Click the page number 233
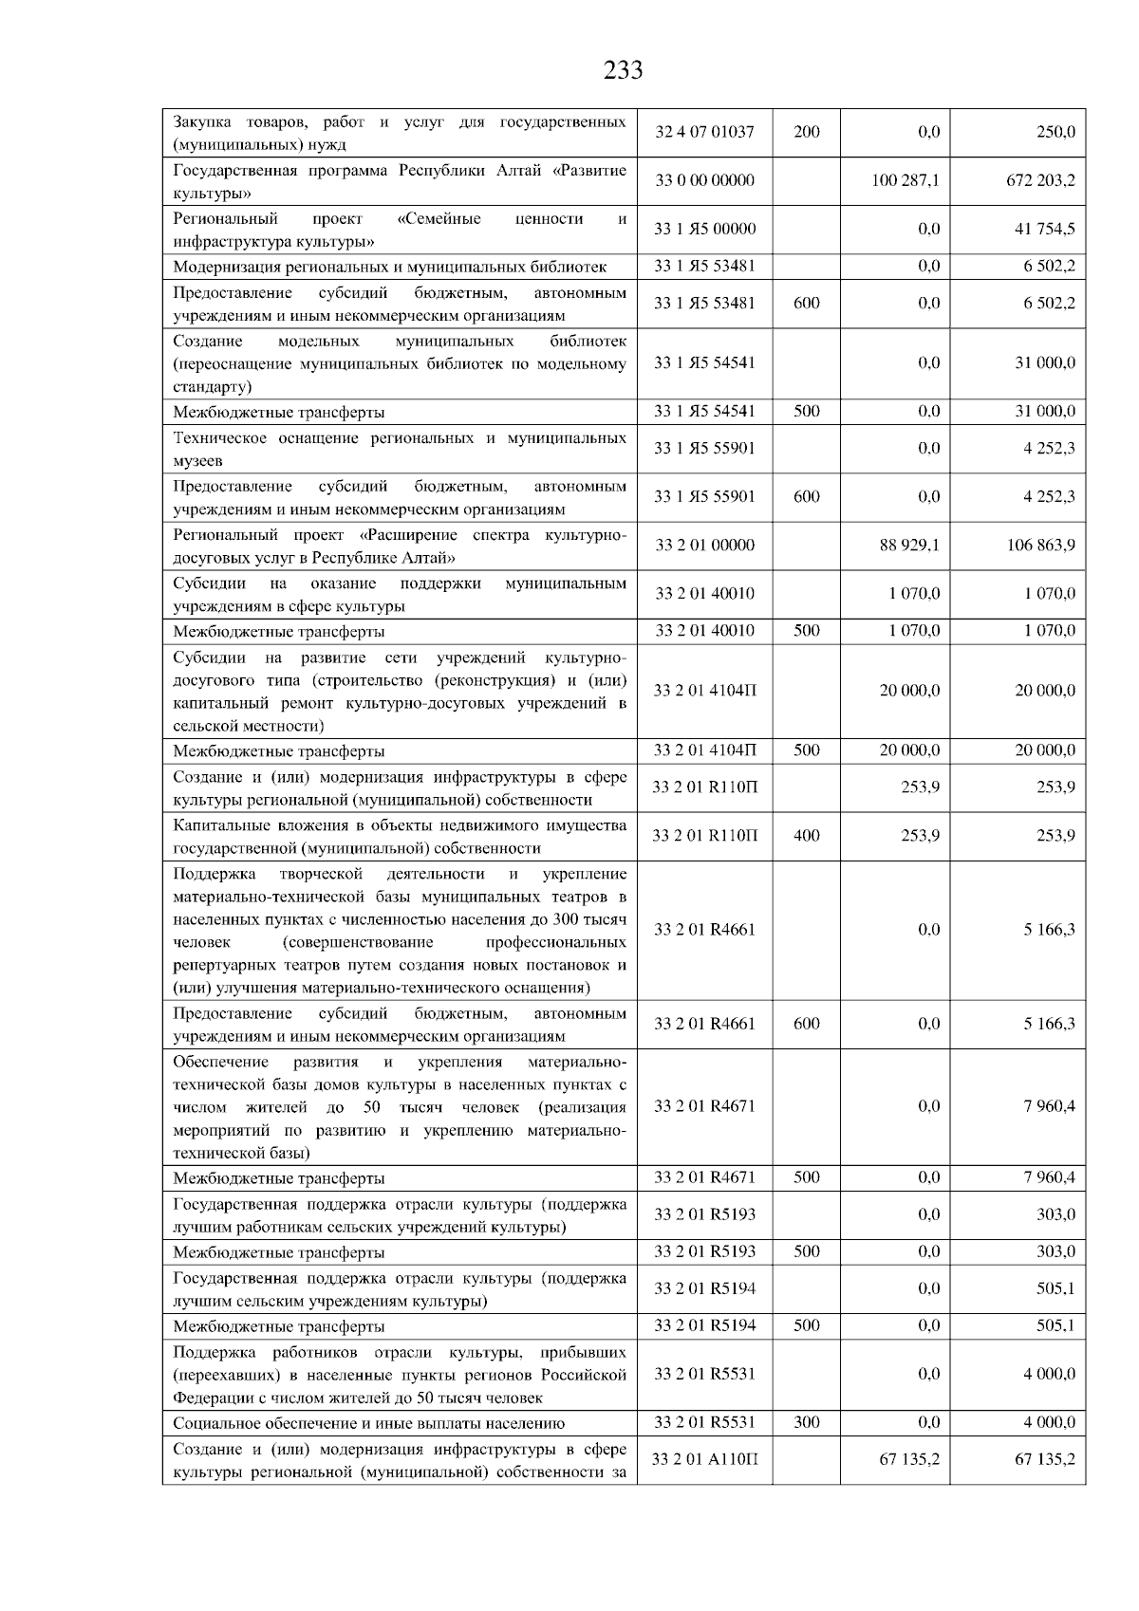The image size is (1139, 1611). coord(623,70)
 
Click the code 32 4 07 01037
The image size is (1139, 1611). coord(704,132)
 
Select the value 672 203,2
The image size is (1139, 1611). coord(1040,180)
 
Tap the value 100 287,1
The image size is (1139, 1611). coord(906,180)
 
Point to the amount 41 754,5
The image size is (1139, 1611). coord(1044,229)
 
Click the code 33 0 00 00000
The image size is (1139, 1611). coord(704,180)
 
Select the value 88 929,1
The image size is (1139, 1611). coord(909,546)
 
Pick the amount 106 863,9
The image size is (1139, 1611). coord(1040,546)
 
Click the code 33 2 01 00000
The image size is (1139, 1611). coord(704,546)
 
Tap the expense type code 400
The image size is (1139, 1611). coord(806,836)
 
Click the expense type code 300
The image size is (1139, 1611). coord(806,1422)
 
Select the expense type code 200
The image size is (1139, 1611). coord(806,132)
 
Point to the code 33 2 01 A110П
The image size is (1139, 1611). coord(704,1459)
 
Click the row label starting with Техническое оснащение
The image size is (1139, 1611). coord(399,449)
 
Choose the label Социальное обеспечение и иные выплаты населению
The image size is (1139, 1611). coord(368,1423)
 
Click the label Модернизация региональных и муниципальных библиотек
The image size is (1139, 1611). coord(389,268)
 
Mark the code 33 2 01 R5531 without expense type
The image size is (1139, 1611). coord(704,1374)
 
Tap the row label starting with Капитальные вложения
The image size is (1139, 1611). coord(399,836)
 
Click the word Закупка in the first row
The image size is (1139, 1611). coord(202,122)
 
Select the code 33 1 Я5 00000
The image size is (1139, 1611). coord(704,229)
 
